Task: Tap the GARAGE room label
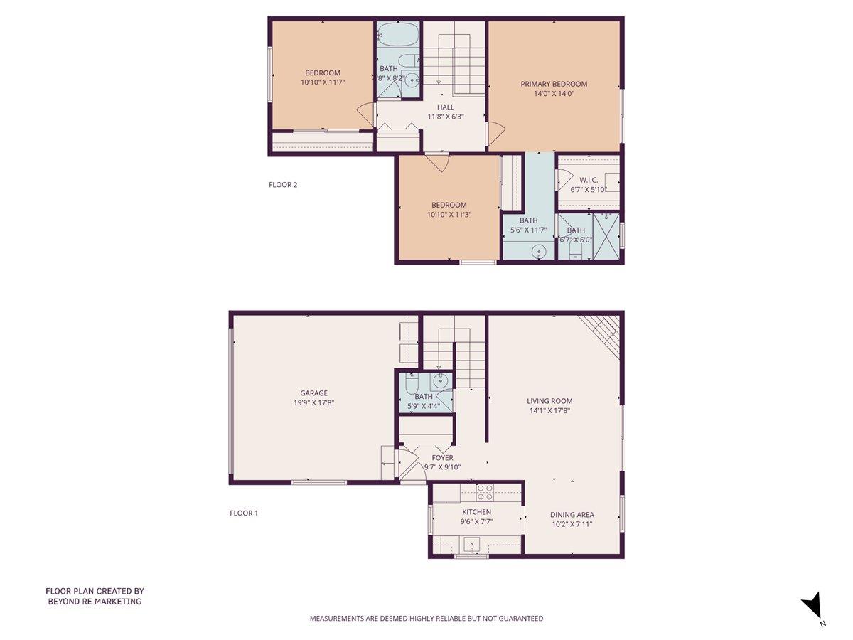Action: tap(313, 393)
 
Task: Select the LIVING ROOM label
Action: tap(549, 401)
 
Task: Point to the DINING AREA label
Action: tap(572, 515)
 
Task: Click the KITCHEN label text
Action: tap(476, 512)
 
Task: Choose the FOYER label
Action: tap(442, 458)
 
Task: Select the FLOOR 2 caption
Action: tap(283, 185)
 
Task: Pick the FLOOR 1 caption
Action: tap(244, 513)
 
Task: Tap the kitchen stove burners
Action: tap(485, 492)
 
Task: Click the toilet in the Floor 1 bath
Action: tap(412, 384)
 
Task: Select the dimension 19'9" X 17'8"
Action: tap(313, 402)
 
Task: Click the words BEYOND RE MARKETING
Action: tap(95, 602)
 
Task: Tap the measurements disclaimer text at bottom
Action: tap(426, 619)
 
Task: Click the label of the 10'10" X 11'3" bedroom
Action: tap(447, 205)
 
